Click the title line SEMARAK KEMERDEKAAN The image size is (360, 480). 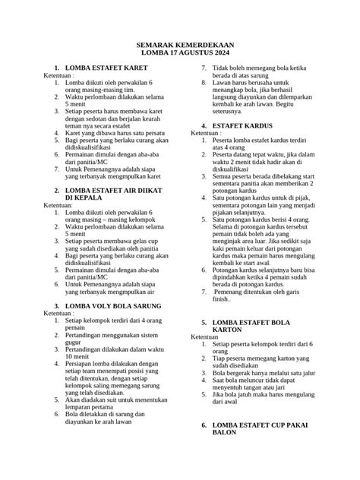click(x=179, y=45)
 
